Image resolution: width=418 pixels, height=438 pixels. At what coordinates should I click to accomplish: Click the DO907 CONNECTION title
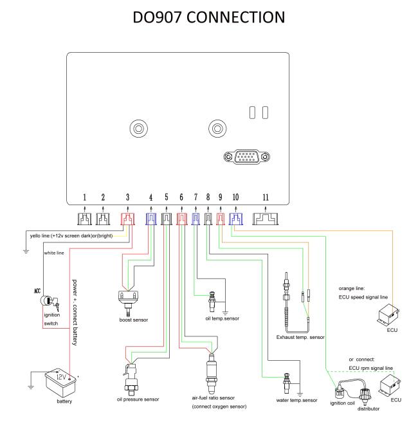(x=208, y=17)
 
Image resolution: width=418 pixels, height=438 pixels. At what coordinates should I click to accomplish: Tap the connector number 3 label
(x=127, y=197)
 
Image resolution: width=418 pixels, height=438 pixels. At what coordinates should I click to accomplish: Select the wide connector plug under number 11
(x=265, y=219)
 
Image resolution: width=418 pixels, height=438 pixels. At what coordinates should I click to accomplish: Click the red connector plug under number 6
(x=181, y=219)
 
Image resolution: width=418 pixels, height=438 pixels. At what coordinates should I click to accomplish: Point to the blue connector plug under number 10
(x=235, y=219)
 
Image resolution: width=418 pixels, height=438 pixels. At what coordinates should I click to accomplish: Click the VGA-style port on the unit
(x=246, y=157)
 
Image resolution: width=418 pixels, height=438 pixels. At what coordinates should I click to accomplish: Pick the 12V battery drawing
(x=60, y=383)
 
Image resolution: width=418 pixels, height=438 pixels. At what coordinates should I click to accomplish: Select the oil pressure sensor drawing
(x=131, y=379)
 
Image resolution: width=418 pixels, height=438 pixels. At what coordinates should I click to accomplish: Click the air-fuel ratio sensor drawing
(x=212, y=373)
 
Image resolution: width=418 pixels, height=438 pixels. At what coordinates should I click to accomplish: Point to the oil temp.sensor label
(x=223, y=318)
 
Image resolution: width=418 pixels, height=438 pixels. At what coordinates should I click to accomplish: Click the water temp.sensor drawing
(x=286, y=383)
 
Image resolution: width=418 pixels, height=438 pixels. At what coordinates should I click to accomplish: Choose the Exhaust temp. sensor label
(x=300, y=337)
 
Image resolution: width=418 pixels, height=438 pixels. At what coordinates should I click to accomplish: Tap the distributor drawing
(x=365, y=396)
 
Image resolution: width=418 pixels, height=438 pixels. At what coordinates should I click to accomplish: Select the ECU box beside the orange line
(x=388, y=316)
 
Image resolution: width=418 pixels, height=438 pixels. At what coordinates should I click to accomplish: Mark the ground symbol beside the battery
(x=31, y=387)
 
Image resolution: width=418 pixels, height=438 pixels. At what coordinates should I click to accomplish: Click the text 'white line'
(x=54, y=253)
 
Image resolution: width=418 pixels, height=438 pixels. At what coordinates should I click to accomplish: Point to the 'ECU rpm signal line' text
(x=370, y=368)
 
